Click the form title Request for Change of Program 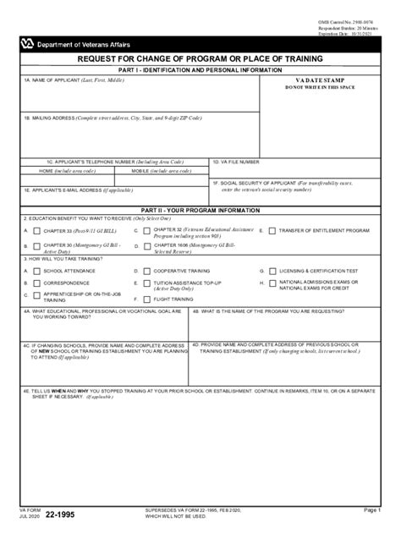199,58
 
